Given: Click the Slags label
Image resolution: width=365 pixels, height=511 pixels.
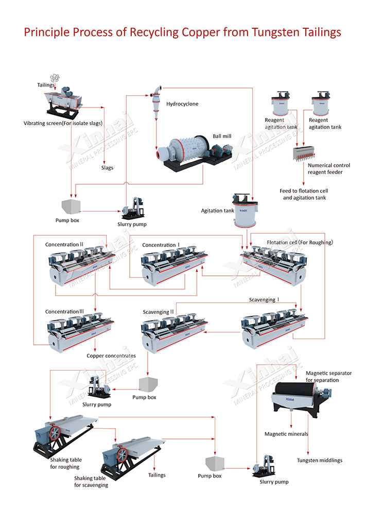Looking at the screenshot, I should click(107, 168).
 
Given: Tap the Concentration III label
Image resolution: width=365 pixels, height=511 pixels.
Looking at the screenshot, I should click(64, 312).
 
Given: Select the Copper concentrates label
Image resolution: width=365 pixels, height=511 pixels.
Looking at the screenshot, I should click(111, 356).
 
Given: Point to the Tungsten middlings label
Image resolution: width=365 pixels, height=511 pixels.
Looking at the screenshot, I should click(319, 460).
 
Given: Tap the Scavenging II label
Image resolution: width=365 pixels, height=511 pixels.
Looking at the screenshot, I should click(159, 312).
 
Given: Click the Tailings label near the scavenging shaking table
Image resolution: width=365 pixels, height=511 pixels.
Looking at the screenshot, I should click(157, 475).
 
